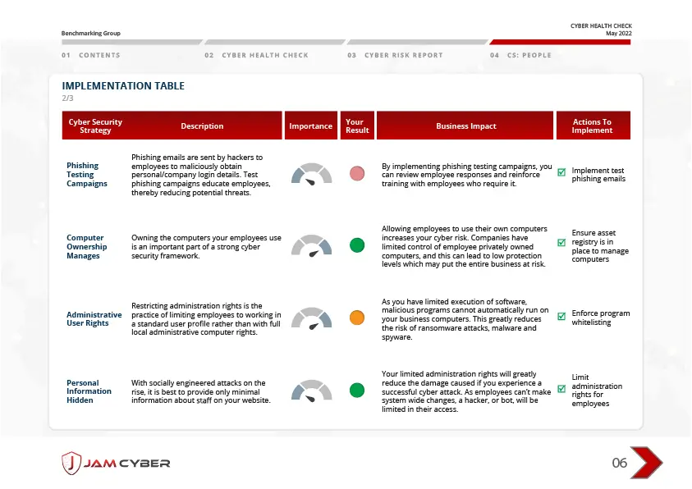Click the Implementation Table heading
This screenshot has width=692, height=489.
[123, 86]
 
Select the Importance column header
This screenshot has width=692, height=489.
[310, 126]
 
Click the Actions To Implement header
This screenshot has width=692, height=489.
[592, 126]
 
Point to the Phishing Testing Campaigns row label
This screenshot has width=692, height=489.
[87, 175]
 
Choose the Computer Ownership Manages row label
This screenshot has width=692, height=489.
[87, 247]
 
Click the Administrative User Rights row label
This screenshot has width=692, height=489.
[94, 319]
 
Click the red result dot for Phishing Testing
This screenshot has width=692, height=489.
[357, 173]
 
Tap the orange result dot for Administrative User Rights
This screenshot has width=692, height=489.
[357, 318]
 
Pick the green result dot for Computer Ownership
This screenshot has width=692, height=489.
[357, 245]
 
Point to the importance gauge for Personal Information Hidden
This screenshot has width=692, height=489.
[311, 390]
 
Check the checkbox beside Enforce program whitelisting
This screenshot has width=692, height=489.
[561, 317]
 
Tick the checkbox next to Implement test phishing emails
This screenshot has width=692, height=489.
[561, 173]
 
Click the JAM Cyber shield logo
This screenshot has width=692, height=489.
[71, 463]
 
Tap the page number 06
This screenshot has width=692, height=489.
[620, 464]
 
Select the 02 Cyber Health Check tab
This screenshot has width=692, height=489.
[256, 55]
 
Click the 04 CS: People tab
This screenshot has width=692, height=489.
[520, 55]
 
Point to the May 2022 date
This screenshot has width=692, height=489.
[618, 33]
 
